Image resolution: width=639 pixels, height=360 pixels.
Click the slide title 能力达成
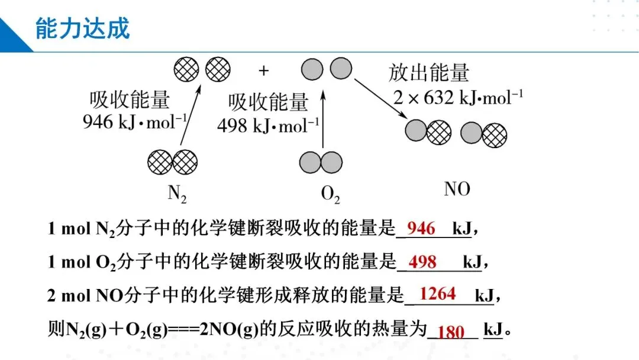coord(82,28)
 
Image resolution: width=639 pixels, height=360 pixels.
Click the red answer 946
coord(421,229)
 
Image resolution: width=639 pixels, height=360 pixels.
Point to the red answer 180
coord(451,332)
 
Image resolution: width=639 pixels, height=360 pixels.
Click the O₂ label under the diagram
coord(330,194)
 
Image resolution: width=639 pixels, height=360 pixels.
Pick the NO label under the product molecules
coord(457,189)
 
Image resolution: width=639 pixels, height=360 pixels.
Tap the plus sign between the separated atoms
coord(263,71)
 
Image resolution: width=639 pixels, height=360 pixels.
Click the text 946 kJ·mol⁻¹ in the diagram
coord(135,123)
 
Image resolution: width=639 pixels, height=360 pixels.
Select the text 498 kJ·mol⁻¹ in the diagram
coord(268,126)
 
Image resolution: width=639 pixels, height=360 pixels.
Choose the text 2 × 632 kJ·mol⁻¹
coord(458,98)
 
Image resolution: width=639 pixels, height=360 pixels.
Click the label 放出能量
coord(429,73)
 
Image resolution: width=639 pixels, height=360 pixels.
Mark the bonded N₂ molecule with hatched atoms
coord(172,161)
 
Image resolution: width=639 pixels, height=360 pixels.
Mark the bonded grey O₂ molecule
coord(321,162)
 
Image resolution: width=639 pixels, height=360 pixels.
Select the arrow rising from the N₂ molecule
coord(190,115)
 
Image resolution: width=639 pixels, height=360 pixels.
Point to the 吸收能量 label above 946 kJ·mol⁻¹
coord(130,99)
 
